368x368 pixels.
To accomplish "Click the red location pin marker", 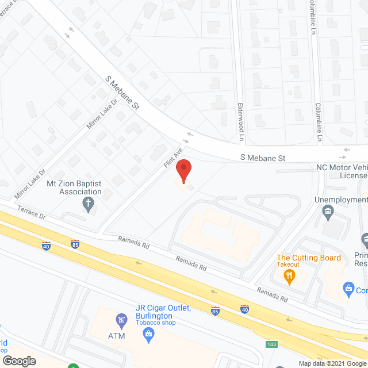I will click(x=183, y=172).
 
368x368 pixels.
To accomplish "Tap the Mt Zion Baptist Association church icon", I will click(x=88, y=203).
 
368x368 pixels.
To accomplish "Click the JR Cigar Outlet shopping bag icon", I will click(x=149, y=333).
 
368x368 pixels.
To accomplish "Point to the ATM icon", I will click(x=121, y=320).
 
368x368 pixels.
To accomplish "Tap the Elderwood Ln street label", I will click(x=241, y=122).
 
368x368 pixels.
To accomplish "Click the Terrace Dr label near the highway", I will click(x=31, y=212).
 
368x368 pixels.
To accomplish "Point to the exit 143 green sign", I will click(x=271, y=344).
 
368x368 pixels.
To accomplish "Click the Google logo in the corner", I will click(x=18, y=361).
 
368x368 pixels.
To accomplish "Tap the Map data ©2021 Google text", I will click(x=332, y=363).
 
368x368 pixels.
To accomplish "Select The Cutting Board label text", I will click(x=309, y=258).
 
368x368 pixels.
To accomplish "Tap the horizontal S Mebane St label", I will click(x=263, y=158).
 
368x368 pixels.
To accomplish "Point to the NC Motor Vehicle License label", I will click(x=342, y=171).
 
